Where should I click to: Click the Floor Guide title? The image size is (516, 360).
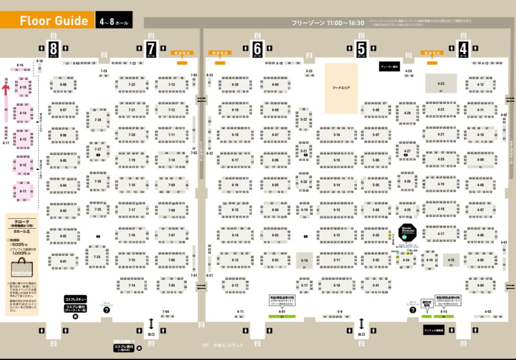point(53,21)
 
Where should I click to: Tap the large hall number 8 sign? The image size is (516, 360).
point(53,47)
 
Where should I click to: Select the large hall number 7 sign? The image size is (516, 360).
point(151,47)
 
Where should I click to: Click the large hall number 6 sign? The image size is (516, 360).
point(258,47)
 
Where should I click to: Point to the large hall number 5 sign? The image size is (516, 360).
point(361,47)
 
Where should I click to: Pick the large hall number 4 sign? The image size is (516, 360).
point(463,47)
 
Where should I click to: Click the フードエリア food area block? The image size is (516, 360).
point(341,88)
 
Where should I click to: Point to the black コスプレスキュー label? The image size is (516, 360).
point(75,299)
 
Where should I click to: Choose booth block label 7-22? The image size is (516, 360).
point(132,85)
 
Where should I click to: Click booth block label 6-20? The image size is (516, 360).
point(235,85)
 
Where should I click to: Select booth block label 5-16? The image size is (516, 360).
point(336,135)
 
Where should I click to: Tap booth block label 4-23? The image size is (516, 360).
point(440,84)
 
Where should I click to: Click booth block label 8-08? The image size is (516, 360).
point(63,85)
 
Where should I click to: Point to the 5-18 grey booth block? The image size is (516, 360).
point(304,261)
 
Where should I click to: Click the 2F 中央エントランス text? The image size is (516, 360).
point(223,346)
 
